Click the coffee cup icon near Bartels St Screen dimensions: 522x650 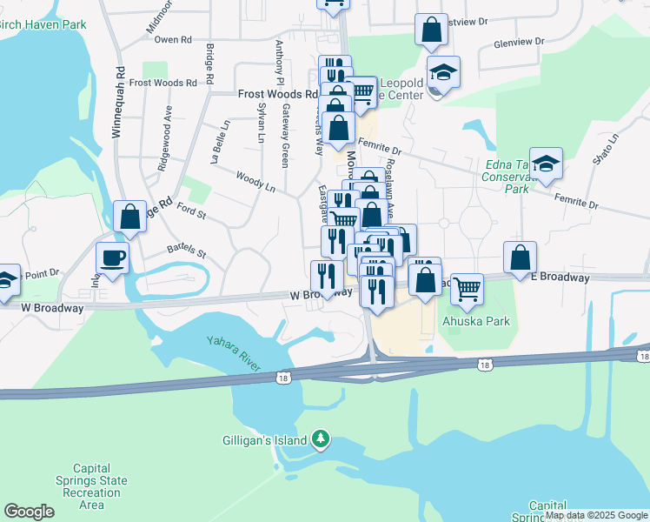(x=113, y=258)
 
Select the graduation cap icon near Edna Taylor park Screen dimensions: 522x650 (x=546, y=164)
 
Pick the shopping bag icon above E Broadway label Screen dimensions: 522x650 (x=520, y=258)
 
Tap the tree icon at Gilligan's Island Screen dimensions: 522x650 (x=322, y=438)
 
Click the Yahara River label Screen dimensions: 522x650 (x=232, y=353)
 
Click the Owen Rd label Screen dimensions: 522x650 (x=172, y=40)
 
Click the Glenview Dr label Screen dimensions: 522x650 (x=518, y=41)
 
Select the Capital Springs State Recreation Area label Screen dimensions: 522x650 (x=90, y=485)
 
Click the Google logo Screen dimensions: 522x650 (x=29, y=512)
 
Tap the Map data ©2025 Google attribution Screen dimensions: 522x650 (x=596, y=516)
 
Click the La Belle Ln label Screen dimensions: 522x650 (x=219, y=141)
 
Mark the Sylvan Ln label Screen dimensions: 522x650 (x=262, y=122)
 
